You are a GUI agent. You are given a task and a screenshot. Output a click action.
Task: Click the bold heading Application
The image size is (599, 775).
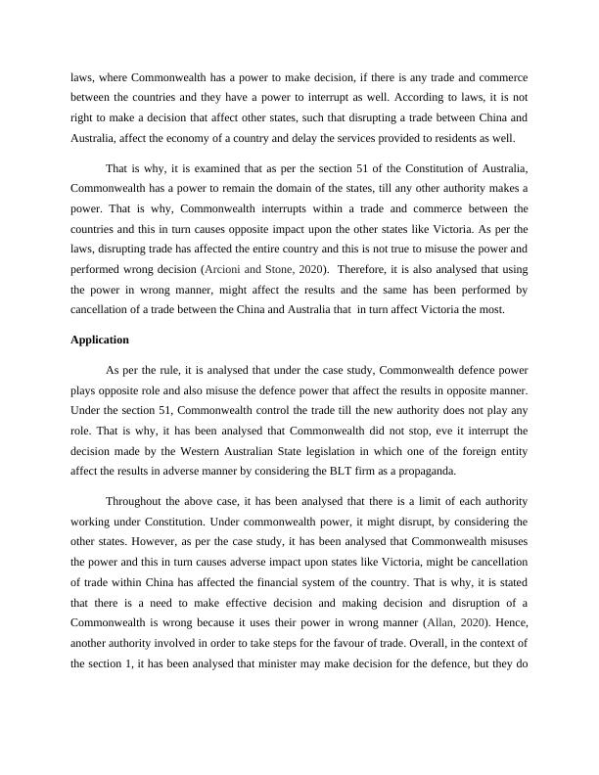point(101,340)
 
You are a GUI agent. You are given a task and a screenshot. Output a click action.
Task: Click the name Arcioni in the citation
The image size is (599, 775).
point(221,269)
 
